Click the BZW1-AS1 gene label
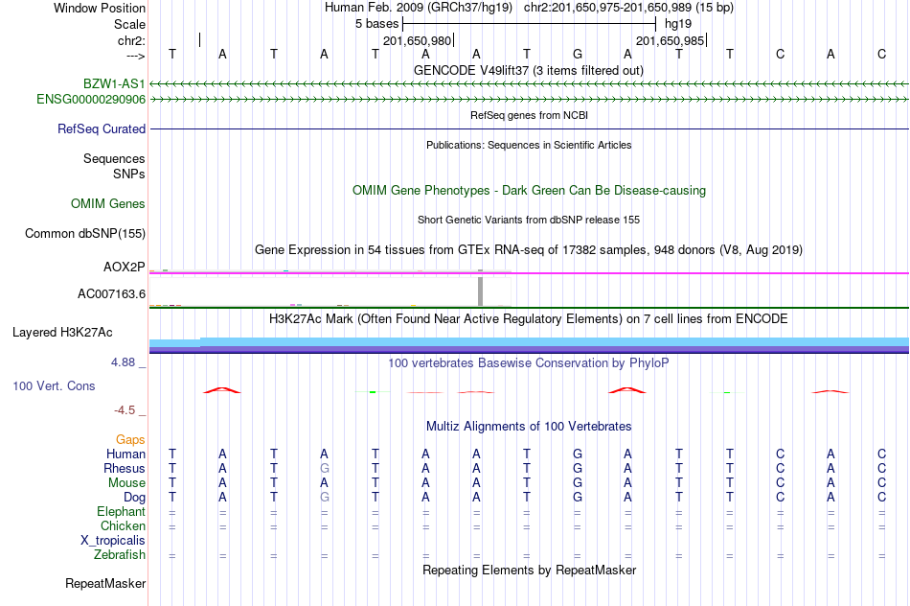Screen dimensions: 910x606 coord(114,84)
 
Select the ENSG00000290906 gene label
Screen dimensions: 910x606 coord(91,100)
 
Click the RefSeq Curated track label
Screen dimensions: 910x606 coord(102,129)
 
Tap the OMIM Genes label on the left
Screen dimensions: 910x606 coord(108,204)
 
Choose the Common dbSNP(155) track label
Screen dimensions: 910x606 coord(84,234)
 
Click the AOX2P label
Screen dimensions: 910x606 coord(125,268)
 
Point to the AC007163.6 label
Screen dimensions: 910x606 coord(111,294)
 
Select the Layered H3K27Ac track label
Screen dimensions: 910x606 coord(62,333)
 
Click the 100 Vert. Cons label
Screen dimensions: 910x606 coord(54,385)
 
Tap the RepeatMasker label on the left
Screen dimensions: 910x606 coord(105,583)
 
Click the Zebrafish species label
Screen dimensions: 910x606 coord(120,555)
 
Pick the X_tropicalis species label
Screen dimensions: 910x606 coord(113,541)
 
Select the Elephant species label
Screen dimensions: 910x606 coord(121,512)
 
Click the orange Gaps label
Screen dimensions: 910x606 coord(130,440)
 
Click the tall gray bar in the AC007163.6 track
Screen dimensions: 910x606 coord(480,291)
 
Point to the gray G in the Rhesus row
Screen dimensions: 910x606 coord(325,468)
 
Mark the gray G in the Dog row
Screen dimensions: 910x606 coord(325,498)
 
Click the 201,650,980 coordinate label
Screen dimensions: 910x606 coord(417,40)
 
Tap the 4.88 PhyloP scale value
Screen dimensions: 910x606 coord(123,362)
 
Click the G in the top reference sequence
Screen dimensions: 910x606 coord(578,54)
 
